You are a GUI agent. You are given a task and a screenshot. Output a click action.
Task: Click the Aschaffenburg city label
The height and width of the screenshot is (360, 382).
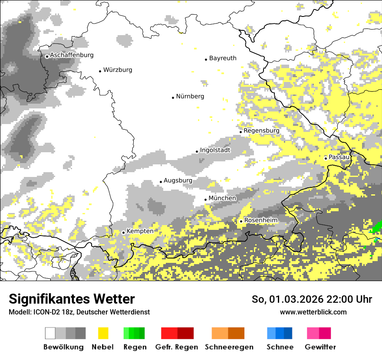(72, 55)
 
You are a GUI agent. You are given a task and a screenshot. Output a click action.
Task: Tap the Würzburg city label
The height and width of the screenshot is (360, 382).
(118, 70)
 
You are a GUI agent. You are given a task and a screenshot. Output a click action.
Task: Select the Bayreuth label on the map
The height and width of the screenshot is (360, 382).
(223, 58)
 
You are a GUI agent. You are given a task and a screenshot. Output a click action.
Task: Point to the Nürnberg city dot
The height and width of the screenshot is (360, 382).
(173, 98)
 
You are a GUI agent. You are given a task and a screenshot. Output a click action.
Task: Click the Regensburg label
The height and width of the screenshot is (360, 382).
(261, 131)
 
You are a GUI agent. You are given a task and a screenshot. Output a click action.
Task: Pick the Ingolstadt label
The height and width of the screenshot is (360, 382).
(215, 150)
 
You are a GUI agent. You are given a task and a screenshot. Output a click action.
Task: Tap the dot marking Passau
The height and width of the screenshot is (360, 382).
(326, 158)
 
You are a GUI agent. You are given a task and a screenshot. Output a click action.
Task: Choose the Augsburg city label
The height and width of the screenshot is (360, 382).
(178, 180)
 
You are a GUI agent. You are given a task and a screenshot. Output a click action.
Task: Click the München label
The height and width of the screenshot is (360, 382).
(222, 198)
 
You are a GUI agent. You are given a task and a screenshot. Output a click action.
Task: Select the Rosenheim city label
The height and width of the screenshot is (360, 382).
(260, 220)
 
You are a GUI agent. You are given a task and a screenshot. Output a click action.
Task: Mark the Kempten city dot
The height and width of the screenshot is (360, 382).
(123, 232)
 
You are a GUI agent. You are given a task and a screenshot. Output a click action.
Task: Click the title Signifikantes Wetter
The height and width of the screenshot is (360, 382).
(72, 299)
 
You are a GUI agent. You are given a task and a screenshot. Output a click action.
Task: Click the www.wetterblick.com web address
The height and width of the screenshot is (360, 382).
(313, 312)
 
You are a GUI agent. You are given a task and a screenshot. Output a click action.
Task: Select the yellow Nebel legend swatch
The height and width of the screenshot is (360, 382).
(103, 333)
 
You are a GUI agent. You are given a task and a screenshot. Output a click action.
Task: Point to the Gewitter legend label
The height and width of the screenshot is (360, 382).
(320, 347)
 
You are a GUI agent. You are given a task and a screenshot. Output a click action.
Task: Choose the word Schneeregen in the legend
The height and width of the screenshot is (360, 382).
(229, 347)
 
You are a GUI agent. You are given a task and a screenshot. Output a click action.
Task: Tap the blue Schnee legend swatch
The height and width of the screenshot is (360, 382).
(280, 333)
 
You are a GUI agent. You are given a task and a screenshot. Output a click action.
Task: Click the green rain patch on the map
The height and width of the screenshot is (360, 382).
(377, 227)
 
